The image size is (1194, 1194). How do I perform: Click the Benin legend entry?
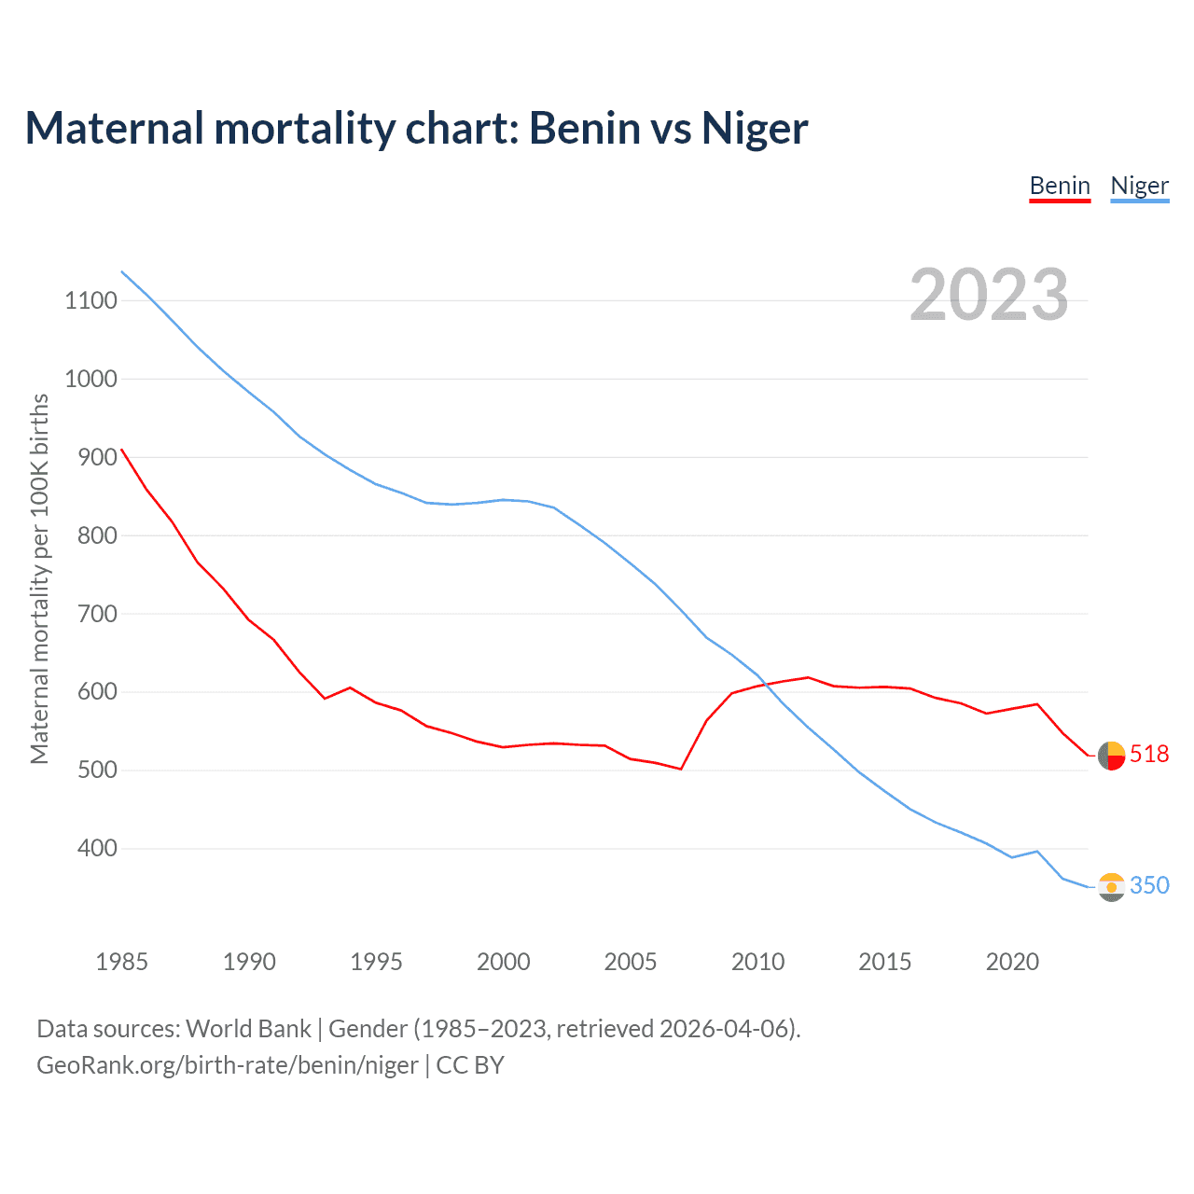click(1060, 186)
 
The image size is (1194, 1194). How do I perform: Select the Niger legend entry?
click(1139, 186)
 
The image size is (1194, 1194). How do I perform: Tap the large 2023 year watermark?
click(989, 295)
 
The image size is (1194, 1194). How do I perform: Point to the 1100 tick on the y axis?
click(90, 300)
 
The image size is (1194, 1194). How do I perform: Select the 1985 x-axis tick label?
click(121, 962)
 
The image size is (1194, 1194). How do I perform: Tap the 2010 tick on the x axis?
click(757, 962)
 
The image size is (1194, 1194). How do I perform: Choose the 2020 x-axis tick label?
click(1012, 962)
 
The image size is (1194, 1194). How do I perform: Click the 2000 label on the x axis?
click(503, 962)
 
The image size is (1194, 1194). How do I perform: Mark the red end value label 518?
click(1149, 754)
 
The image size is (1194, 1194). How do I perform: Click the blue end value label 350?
click(1149, 885)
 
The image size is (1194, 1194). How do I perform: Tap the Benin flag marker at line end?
click(1111, 756)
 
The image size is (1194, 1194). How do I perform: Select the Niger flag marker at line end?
click(1111, 887)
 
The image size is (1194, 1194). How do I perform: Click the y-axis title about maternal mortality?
click(39, 578)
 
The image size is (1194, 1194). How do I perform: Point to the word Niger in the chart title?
click(755, 129)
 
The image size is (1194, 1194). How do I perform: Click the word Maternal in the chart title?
click(114, 129)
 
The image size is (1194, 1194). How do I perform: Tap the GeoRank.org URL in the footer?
click(228, 1065)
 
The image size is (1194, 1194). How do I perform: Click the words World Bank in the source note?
click(248, 1029)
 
